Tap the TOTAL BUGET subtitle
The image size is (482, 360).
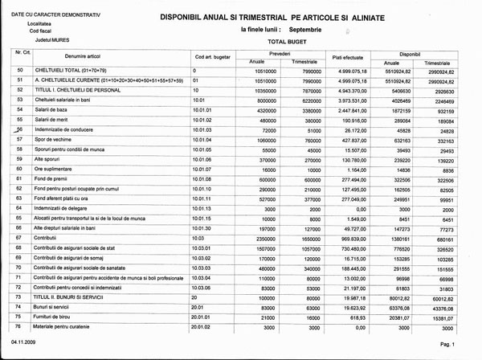point(287,40)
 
